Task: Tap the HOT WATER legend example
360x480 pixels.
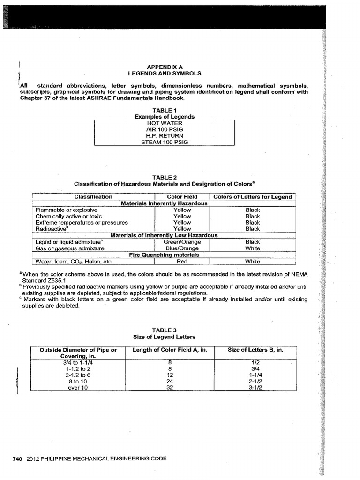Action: click(x=164, y=123)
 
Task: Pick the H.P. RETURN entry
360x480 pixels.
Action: click(x=164, y=135)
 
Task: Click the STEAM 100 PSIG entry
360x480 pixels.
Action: click(x=164, y=142)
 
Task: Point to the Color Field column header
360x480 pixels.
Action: click(x=182, y=197)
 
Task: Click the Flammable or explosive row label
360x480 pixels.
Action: click(x=66, y=210)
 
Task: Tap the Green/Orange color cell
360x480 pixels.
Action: click(x=182, y=242)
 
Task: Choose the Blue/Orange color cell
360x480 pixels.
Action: click(x=182, y=248)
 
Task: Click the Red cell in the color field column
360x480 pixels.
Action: click(x=182, y=262)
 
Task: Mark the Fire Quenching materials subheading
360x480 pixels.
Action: click(x=164, y=255)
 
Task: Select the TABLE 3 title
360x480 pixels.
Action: click(x=164, y=330)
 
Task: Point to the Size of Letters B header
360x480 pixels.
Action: click(x=255, y=350)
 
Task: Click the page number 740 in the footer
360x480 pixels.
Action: click(x=17, y=458)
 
